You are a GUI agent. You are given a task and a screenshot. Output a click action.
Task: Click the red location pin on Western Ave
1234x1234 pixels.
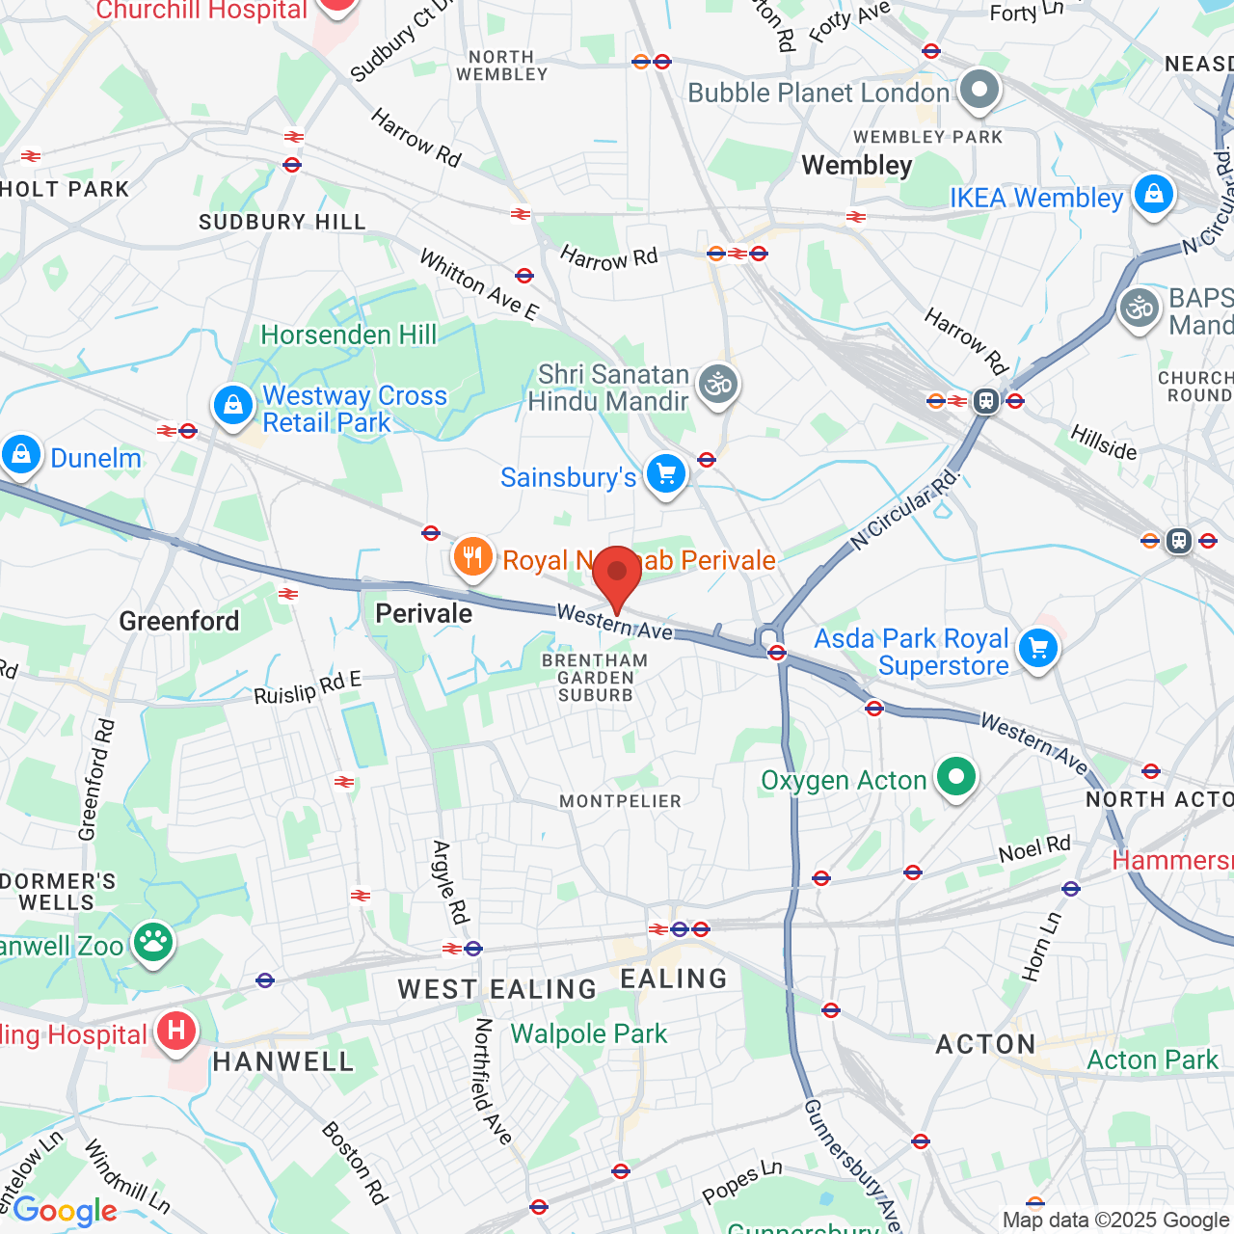click(x=617, y=576)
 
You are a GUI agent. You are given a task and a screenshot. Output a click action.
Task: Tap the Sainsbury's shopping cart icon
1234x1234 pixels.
click(x=665, y=473)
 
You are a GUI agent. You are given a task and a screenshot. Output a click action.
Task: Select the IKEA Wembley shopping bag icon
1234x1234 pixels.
click(x=1153, y=195)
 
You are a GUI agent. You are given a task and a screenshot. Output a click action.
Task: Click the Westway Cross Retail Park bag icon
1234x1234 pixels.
click(x=233, y=406)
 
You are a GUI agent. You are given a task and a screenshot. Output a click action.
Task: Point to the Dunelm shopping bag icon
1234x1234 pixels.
click(x=21, y=454)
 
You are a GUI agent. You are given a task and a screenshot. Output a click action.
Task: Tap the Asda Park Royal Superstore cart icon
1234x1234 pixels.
click(x=1038, y=648)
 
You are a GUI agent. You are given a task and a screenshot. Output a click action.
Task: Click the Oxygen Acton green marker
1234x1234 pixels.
click(x=956, y=776)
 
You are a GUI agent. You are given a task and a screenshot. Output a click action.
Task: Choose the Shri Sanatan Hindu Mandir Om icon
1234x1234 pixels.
click(x=718, y=385)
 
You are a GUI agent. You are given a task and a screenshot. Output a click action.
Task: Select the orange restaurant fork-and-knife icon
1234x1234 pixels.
click(x=472, y=557)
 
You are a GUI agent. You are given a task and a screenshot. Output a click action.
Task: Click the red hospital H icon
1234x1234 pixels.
click(x=175, y=1031)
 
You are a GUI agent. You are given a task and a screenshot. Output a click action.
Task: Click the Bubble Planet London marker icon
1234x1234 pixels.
click(x=980, y=90)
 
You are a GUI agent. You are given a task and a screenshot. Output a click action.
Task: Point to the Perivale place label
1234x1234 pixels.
click(x=423, y=614)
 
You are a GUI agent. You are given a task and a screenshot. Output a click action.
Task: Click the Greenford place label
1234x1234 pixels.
click(x=179, y=621)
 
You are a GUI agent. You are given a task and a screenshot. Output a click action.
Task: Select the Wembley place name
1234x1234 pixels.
click(x=856, y=165)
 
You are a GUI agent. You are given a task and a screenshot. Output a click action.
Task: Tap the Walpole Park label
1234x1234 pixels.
click(x=588, y=1033)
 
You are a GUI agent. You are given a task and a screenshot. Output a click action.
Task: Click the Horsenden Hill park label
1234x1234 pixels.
click(x=349, y=335)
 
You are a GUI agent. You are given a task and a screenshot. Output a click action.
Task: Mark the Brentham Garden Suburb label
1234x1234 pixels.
click(x=595, y=678)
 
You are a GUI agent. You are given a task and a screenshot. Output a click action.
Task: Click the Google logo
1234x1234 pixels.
click(x=65, y=1210)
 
